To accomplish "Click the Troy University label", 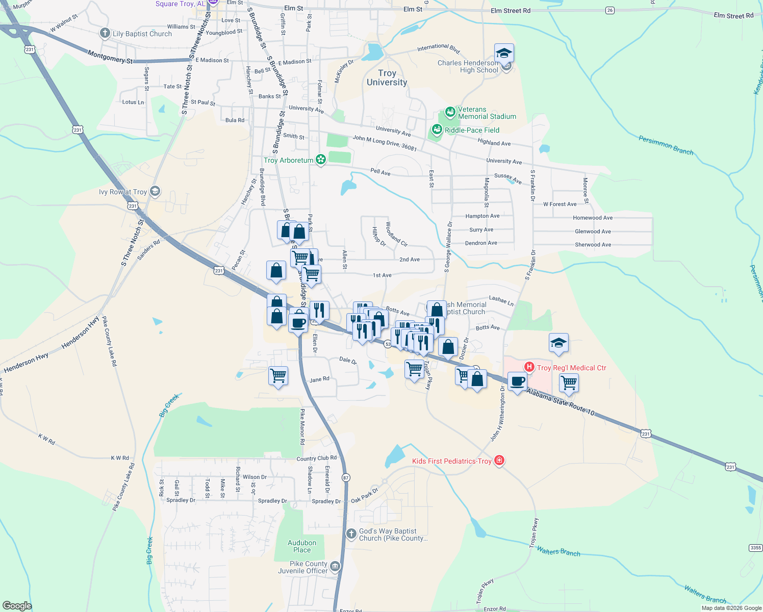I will tap(387, 78).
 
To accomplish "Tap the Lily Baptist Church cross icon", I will tap(105, 34).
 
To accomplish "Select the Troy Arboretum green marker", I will tap(321, 160).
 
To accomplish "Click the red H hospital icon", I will tap(529, 367).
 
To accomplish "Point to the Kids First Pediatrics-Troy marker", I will tap(499, 461).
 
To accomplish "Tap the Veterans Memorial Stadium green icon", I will tap(450, 112).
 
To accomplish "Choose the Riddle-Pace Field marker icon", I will tap(437, 130).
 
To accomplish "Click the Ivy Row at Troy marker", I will tap(155, 192).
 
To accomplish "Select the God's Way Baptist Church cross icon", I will tap(351, 534).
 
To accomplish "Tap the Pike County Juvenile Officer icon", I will tap(335, 567).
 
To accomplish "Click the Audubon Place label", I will tap(302, 546).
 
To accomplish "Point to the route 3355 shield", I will tap(756, 548).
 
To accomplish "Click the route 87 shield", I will tap(346, 478).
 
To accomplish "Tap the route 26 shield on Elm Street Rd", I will tap(610, 10).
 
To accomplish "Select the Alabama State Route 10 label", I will tap(561, 401).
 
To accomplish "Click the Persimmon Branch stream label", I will tap(666, 144).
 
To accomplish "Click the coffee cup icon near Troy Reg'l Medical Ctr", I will tap(517, 381).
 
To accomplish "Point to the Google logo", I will tap(17, 605).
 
